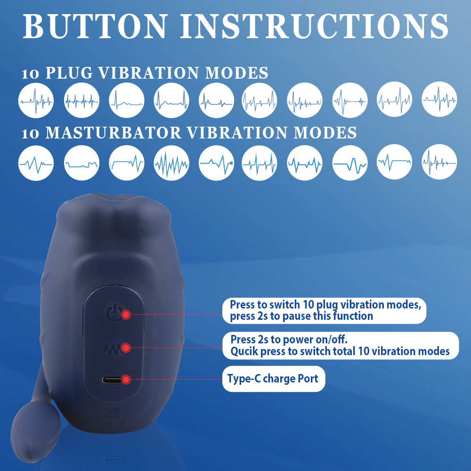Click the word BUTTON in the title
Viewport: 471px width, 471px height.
coord(95,26)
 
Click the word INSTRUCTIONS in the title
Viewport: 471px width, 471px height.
coord(314,26)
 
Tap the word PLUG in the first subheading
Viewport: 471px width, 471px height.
coord(69,73)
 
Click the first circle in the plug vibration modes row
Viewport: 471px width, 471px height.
coord(36,100)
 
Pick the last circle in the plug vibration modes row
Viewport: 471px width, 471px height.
coord(439,99)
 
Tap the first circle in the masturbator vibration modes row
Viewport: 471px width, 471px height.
coord(36,163)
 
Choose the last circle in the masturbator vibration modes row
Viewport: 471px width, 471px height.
coord(439,162)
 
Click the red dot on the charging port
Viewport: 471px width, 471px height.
coord(126,380)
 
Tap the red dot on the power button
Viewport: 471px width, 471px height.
coord(126,315)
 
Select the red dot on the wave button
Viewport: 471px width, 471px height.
coord(126,348)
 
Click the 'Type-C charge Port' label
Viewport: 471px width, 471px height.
coord(273,379)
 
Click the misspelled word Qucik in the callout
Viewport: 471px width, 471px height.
coord(244,351)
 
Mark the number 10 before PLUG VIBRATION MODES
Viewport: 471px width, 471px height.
coord(30,74)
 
